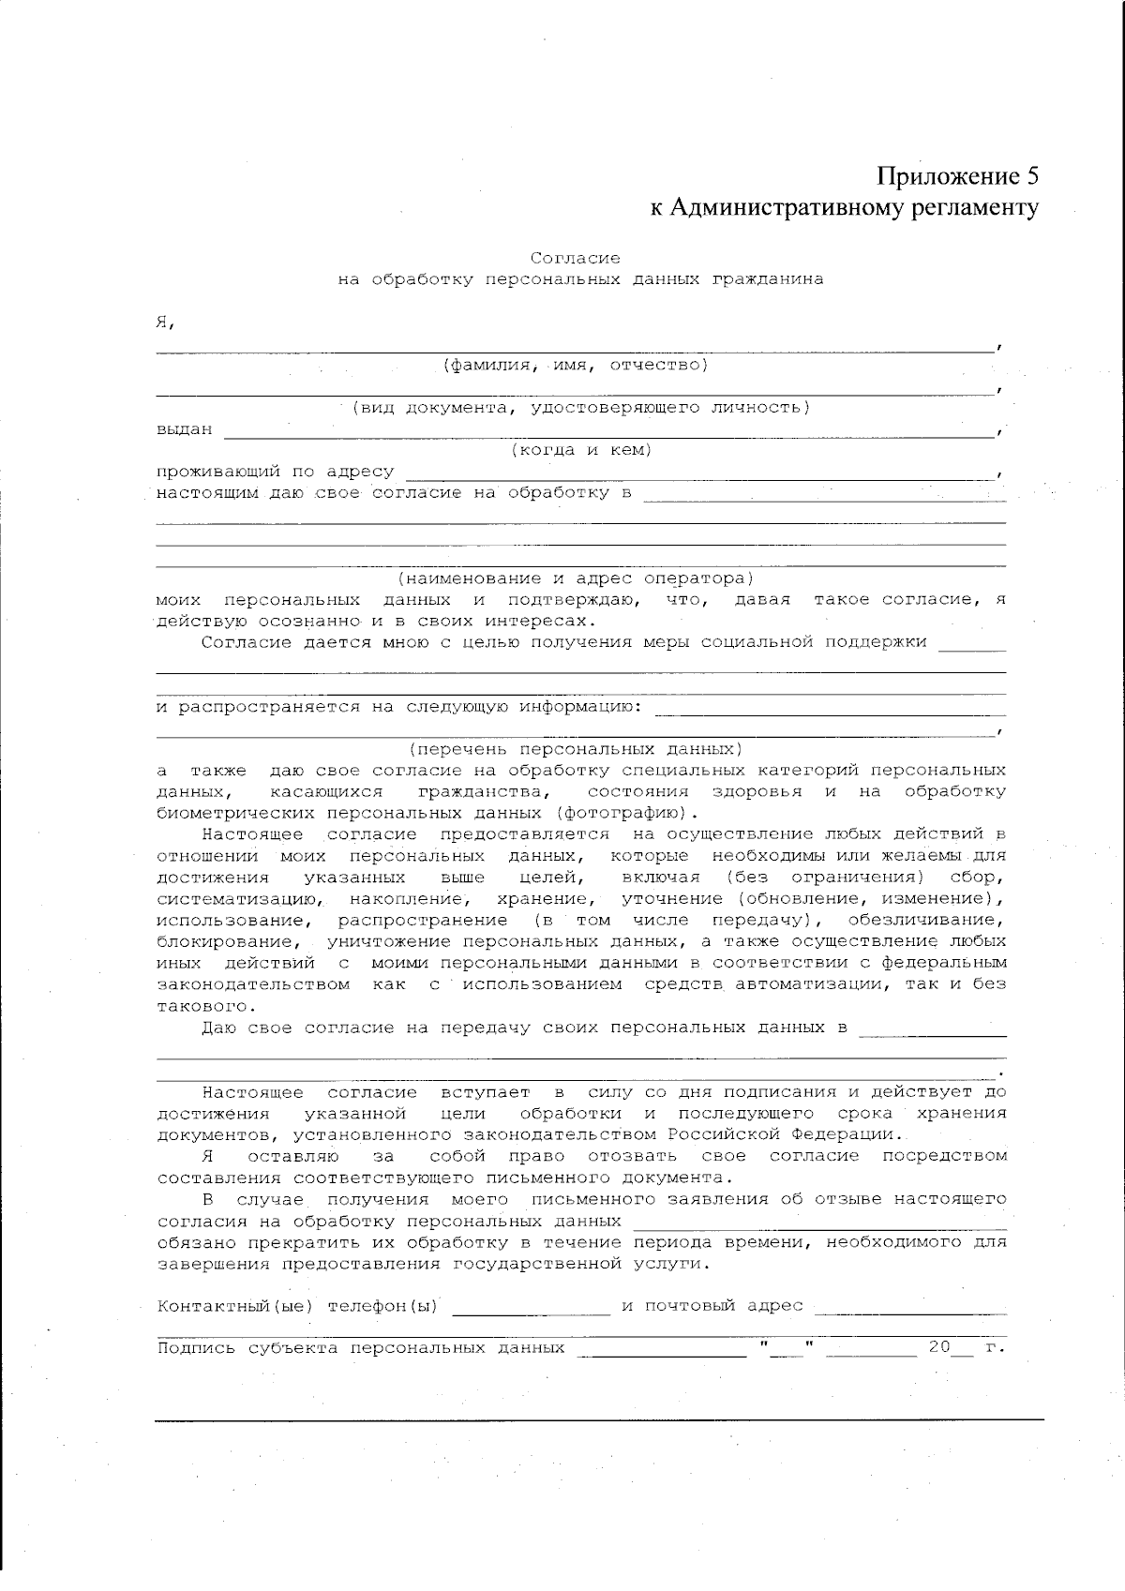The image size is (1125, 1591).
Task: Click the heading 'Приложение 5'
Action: coord(958,176)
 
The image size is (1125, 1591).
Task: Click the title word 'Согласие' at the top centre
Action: coord(575,258)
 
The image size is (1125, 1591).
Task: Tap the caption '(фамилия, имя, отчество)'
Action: coord(575,365)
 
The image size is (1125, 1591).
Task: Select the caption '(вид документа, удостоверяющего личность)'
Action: coord(580,408)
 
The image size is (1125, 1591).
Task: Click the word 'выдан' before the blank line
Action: coord(184,430)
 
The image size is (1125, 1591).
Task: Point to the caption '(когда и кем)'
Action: coord(580,450)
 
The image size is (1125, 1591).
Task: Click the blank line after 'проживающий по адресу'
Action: coord(698,477)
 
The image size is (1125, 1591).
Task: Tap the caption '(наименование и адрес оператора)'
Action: coord(575,578)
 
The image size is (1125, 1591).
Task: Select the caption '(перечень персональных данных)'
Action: coord(575,750)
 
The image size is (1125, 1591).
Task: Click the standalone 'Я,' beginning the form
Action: coord(166,323)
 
